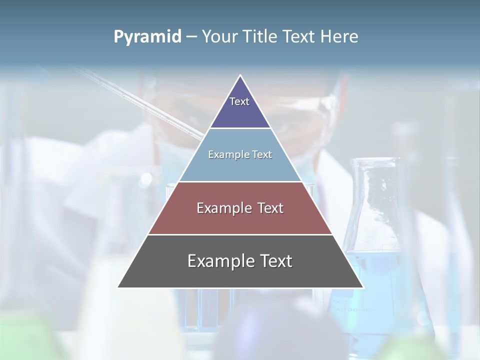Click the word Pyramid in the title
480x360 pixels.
[147, 37]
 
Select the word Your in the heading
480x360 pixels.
[219, 37]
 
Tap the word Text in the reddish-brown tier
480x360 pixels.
[270, 208]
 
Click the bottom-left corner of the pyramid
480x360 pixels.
[118, 287]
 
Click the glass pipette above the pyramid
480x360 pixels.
[140, 100]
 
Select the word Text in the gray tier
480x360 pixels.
[274, 261]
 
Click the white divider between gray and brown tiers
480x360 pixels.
[240, 234]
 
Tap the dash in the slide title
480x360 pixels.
[191, 37]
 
